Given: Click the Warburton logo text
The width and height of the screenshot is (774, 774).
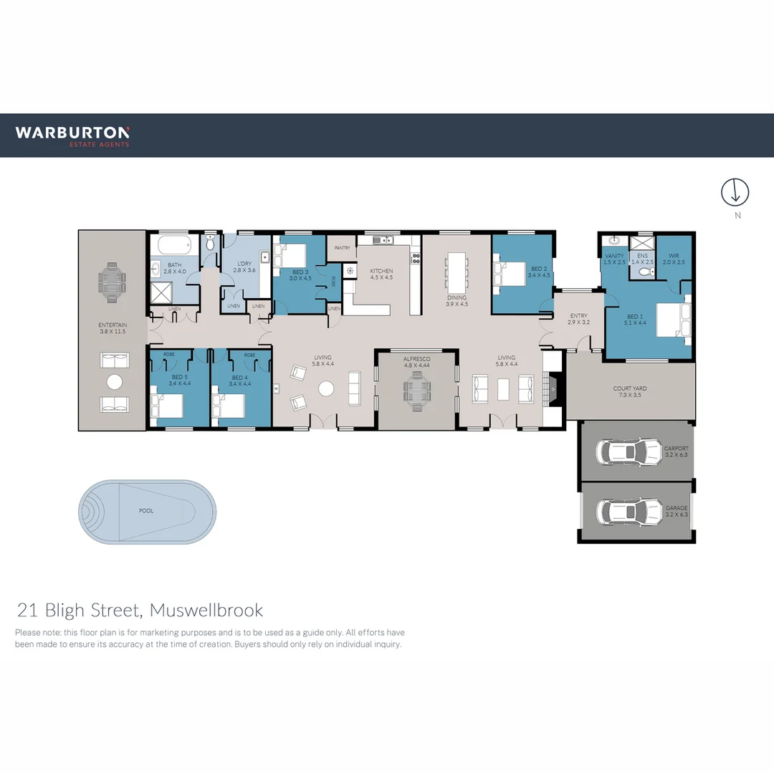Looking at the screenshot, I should pyautogui.click(x=72, y=133).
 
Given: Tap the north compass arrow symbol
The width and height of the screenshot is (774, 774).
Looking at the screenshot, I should pyautogui.click(x=735, y=191).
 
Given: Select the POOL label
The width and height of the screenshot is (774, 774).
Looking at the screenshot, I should pyautogui.click(x=146, y=512).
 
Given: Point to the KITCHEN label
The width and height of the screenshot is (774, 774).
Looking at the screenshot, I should pyautogui.click(x=381, y=271).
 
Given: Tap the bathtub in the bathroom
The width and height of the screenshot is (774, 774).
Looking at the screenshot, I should pyautogui.click(x=173, y=247).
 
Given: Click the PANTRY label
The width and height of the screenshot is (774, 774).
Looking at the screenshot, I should pyautogui.click(x=342, y=248).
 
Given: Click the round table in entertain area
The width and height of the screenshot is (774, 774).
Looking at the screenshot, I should pyautogui.click(x=115, y=381).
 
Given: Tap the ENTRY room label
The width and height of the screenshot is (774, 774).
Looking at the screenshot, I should pyautogui.click(x=578, y=315).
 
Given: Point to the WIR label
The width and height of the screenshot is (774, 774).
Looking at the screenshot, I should pyautogui.click(x=674, y=255).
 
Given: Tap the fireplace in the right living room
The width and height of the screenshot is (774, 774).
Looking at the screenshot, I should pyautogui.click(x=552, y=389).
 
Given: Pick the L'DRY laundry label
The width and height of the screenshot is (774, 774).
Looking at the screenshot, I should pyautogui.click(x=244, y=264).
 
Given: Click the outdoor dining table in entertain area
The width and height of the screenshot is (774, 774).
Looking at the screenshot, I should pyautogui.click(x=112, y=277).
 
